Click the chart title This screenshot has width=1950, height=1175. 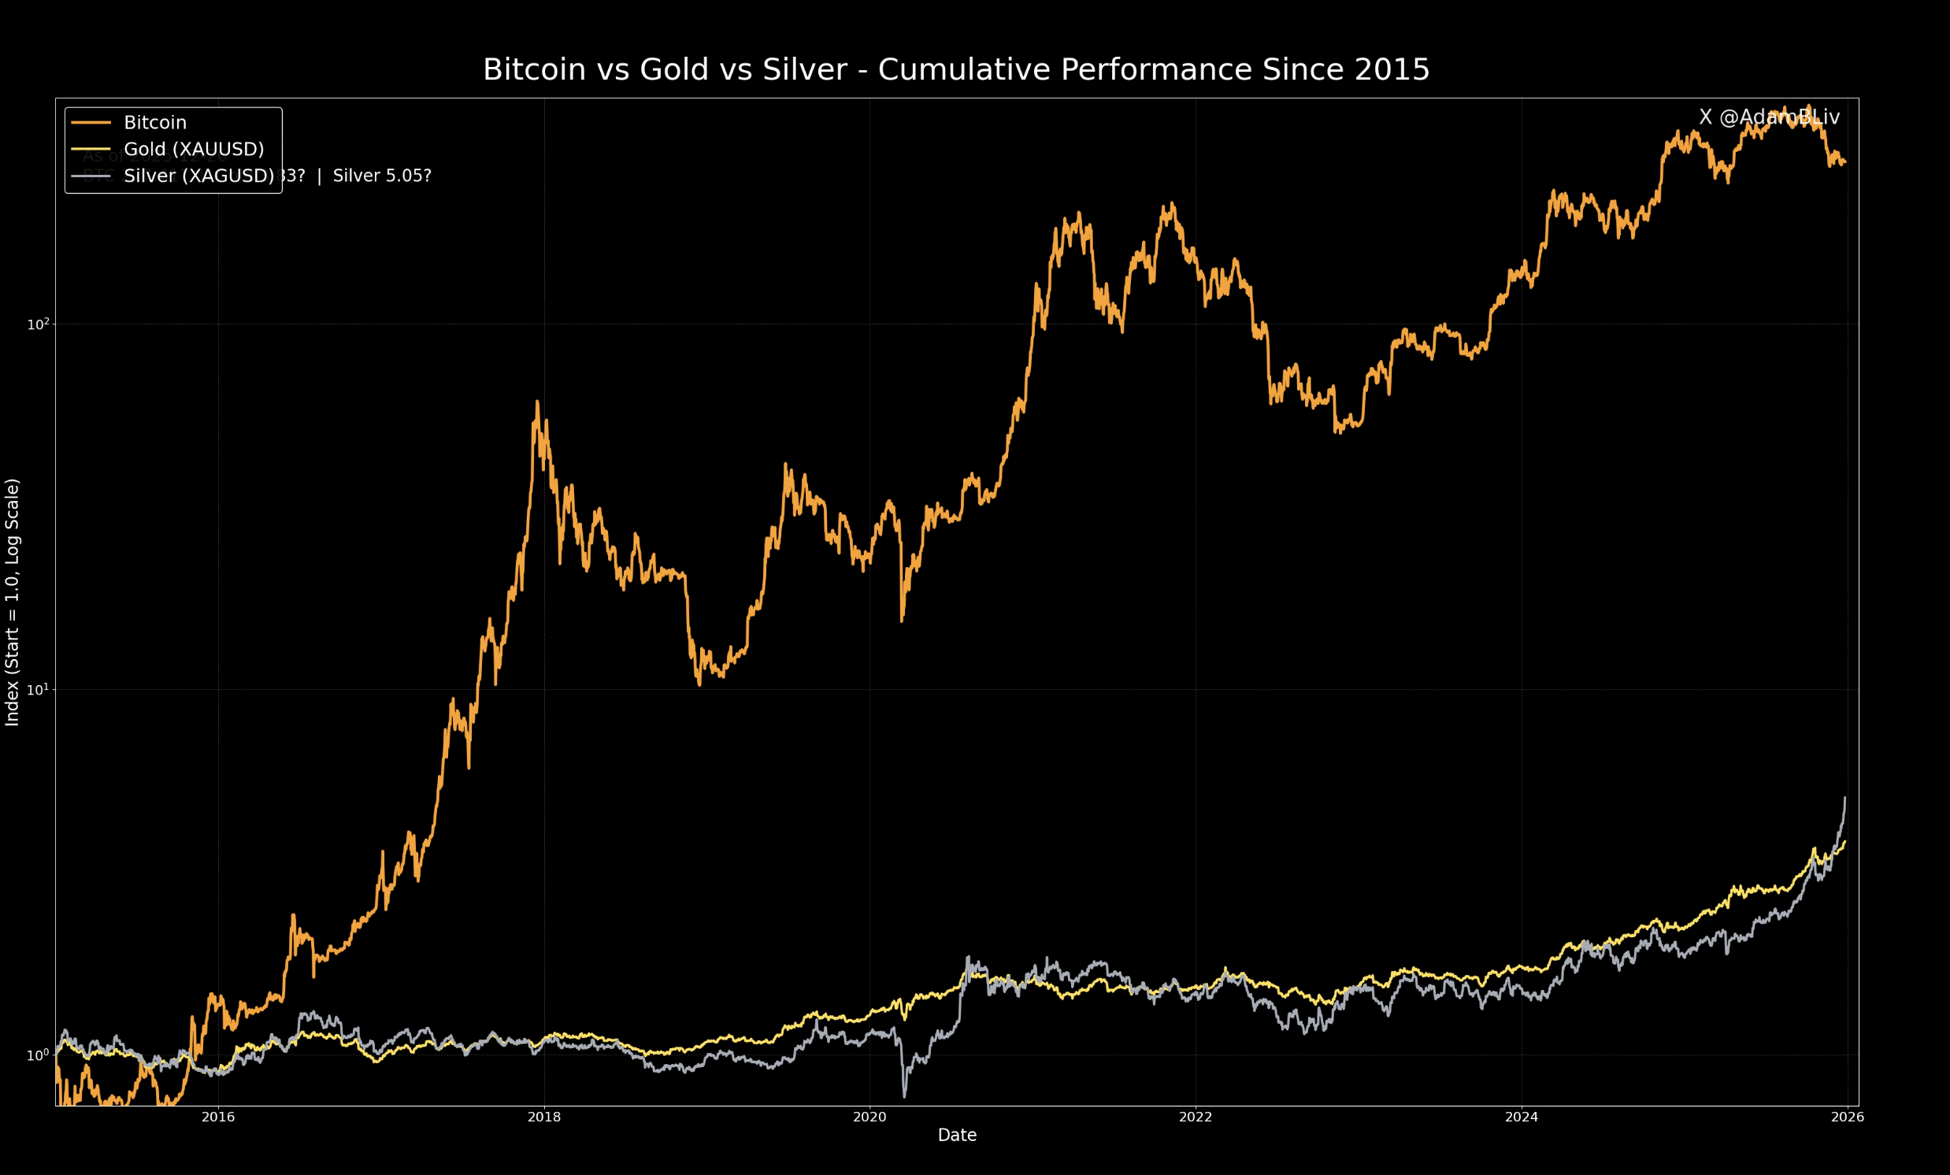click(956, 69)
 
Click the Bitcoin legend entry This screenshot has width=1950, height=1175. click(155, 123)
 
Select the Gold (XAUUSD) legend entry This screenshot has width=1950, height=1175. click(194, 149)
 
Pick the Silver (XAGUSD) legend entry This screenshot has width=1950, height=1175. click(198, 176)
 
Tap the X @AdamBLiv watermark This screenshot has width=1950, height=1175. click(1769, 117)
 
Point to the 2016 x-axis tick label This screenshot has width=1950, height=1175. click(218, 1118)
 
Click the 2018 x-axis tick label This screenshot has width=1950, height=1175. click(543, 1118)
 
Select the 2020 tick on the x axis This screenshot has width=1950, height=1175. click(869, 1118)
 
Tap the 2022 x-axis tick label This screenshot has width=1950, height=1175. click(1195, 1118)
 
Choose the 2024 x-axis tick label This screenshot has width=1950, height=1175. click(1521, 1118)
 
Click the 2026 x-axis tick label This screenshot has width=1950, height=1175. click(1847, 1118)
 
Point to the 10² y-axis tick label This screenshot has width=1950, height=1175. click(38, 324)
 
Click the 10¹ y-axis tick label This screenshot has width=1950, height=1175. click(38, 689)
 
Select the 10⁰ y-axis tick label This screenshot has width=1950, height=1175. click(38, 1055)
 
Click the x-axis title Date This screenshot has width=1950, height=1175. click(957, 1136)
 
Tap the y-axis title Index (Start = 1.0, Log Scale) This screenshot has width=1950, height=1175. click(13, 602)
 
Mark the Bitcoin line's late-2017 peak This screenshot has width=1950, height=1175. click(537, 402)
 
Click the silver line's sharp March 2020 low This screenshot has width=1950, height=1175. click(905, 1096)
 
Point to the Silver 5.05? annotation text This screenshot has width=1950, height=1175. click(381, 176)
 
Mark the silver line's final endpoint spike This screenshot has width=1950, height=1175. click(1844, 799)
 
